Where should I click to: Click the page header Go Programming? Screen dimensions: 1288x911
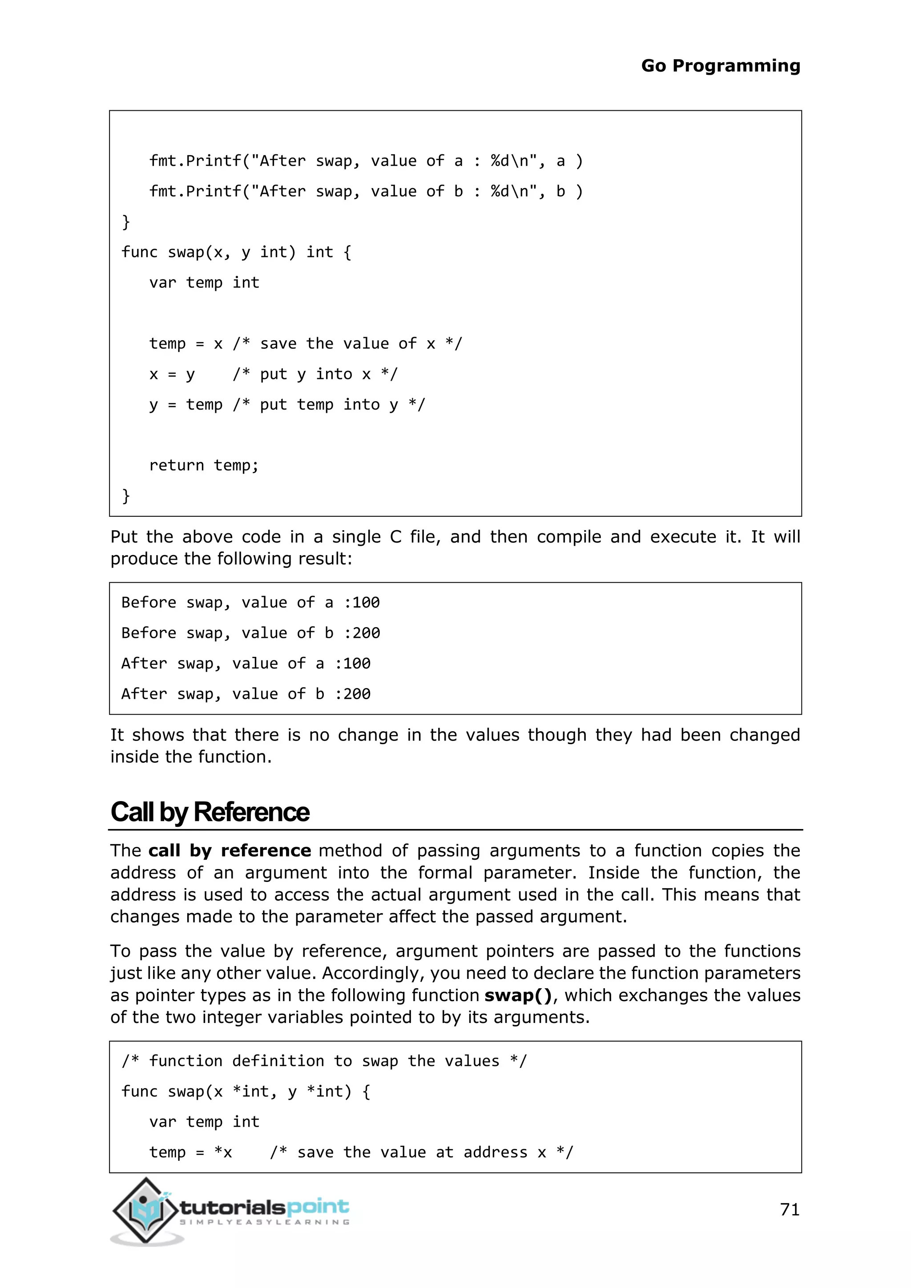pos(720,66)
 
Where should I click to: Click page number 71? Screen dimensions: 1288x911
pos(789,1209)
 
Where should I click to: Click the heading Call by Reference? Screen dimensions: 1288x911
pos(210,812)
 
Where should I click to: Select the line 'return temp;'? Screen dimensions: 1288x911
pos(204,465)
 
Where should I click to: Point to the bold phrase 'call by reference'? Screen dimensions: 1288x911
pos(230,850)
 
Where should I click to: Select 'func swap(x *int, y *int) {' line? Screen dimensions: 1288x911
pos(246,1091)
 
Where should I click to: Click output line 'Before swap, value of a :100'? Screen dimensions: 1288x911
pos(250,603)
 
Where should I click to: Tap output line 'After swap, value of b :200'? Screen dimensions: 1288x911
pos(246,694)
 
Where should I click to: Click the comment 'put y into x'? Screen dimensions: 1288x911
pos(315,374)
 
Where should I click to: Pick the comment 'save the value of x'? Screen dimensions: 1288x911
pos(348,343)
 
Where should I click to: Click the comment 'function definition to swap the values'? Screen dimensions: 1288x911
pos(324,1061)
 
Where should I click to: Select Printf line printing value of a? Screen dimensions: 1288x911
pos(366,161)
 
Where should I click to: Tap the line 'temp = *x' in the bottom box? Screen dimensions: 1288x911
pos(191,1152)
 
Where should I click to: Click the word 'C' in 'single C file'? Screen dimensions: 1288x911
pos(395,537)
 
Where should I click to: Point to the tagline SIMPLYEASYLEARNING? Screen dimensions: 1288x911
pos(264,1222)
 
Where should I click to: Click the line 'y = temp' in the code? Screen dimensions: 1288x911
pos(185,404)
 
